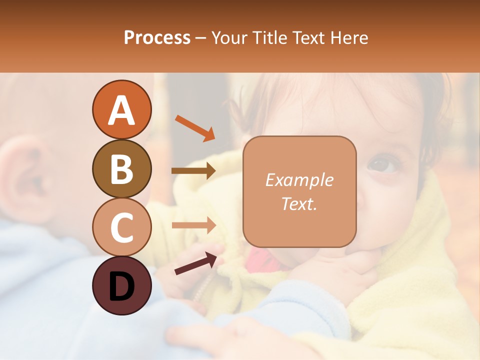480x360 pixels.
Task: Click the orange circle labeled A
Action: point(121,109)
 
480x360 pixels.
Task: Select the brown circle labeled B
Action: point(121,168)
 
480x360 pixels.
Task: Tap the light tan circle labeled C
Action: point(121,227)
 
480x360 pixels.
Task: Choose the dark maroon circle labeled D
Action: point(121,285)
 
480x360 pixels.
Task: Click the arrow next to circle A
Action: point(194,128)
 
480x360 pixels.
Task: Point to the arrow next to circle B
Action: point(193,171)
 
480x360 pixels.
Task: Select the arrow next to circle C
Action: point(193,225)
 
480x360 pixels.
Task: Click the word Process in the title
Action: point(157,37)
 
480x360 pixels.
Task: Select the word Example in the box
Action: point(299,180)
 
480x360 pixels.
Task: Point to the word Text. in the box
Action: point(299,203)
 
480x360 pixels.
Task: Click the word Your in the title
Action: point(229,37)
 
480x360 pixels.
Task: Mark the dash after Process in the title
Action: point(201,38)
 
